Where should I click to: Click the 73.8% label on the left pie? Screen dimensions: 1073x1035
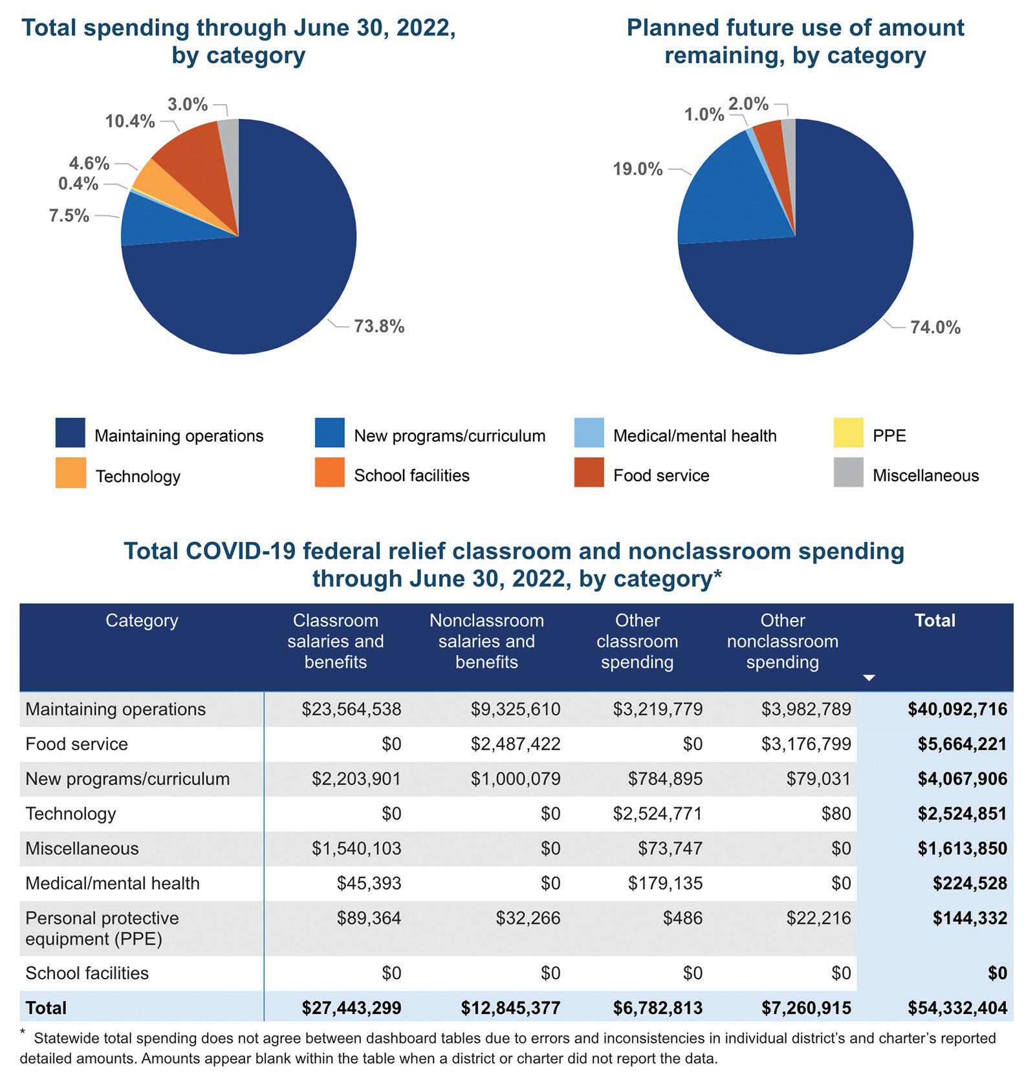point(378,327)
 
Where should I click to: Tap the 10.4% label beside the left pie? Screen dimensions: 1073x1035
point(130,121)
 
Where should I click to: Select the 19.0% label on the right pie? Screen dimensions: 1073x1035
point(638,169)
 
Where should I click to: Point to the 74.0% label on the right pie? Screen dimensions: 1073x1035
point(935,327)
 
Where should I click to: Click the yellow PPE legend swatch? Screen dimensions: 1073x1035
point(848,433)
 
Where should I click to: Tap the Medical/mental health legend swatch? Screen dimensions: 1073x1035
point(589,433)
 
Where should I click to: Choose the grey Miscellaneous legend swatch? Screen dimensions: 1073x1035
point(848,473)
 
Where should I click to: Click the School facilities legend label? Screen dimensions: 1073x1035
point(411,475)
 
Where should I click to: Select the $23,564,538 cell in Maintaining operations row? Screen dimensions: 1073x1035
point(351,710)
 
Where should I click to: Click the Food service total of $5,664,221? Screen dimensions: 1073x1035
point(962,744)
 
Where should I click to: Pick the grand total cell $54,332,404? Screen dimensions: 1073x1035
point(957,1008)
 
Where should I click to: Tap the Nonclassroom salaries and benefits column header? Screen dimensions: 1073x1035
point(486,641)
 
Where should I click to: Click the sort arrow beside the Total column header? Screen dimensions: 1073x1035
point(869,678)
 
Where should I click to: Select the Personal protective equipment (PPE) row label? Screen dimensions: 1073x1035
point(102,928)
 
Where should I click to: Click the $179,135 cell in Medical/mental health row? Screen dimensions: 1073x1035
point(665,883)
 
